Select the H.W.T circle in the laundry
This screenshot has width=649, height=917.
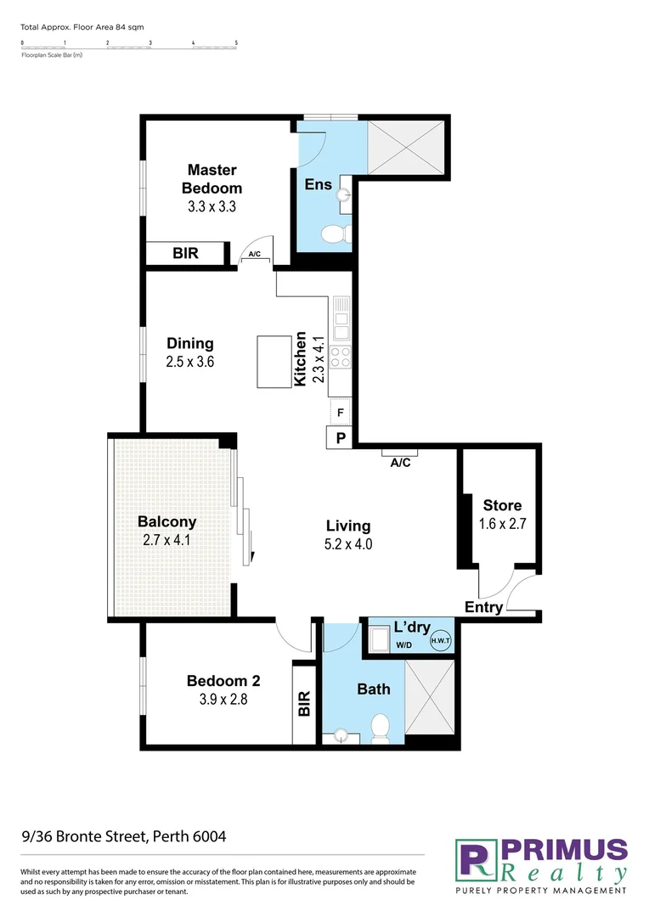pyautogui.click(x=441, y=641)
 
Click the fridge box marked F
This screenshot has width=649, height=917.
pyautogui.click(x=340, y=413)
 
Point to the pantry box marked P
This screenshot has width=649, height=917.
pyautogui.click(x=340, y=438)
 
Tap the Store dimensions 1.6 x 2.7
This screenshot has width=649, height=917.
pyautogui.click(x=502, y=524)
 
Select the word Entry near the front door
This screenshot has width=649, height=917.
pyautogui.click(x=483, y=608)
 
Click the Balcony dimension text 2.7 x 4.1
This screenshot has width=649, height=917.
pyautogui.click(x=167, y=540)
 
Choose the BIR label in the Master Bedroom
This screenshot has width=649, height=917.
pyautogui.click(x=186, y=253)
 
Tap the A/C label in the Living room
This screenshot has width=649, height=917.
pyautogui.click(x=400, y=463)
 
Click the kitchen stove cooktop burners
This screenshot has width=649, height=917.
pyautogui.click(x=340, y=357)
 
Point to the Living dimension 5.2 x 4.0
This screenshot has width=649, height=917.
pyautogui.click(x=348, y=544)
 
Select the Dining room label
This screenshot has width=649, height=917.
pyautogui.click(x=189, y=344)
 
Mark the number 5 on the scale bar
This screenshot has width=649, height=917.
pyautogui.click(x=236, y=42)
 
